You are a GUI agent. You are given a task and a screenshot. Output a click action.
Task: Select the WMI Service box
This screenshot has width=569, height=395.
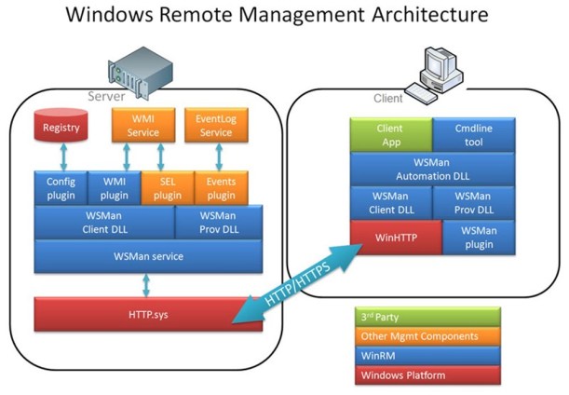click(x=142, y=126)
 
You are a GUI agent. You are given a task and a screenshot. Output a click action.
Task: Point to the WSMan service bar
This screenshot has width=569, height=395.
click(x=148, y=255)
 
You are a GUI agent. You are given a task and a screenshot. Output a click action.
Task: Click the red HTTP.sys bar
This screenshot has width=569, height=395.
click(x=148, y=315)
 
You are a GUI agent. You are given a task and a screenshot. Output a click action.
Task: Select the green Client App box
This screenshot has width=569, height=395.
click(x=390, y=134)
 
